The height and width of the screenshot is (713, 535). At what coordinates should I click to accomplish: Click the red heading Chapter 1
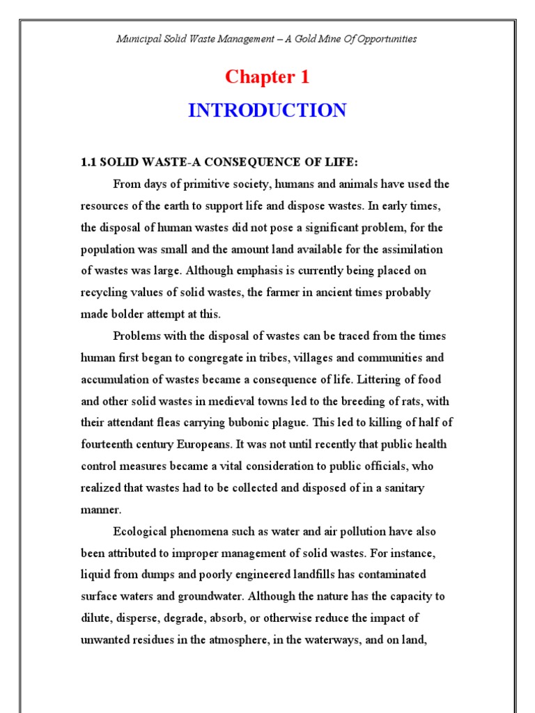click(267, 77)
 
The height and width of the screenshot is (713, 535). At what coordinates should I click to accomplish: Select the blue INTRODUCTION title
click(267, 111)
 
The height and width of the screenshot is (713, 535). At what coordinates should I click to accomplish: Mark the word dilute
click(95, 618)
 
